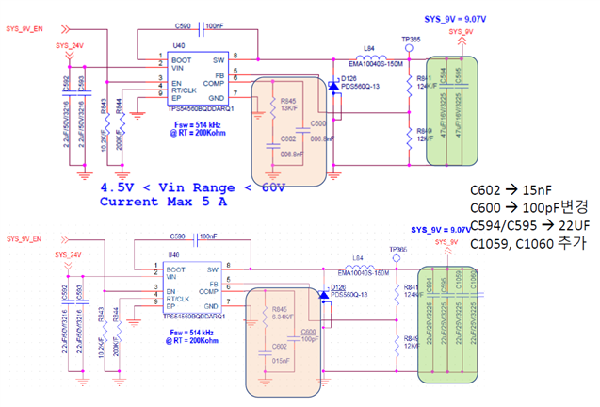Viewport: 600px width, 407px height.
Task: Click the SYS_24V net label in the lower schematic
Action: point(69,255)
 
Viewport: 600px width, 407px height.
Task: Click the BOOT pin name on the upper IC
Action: point(181,59)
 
